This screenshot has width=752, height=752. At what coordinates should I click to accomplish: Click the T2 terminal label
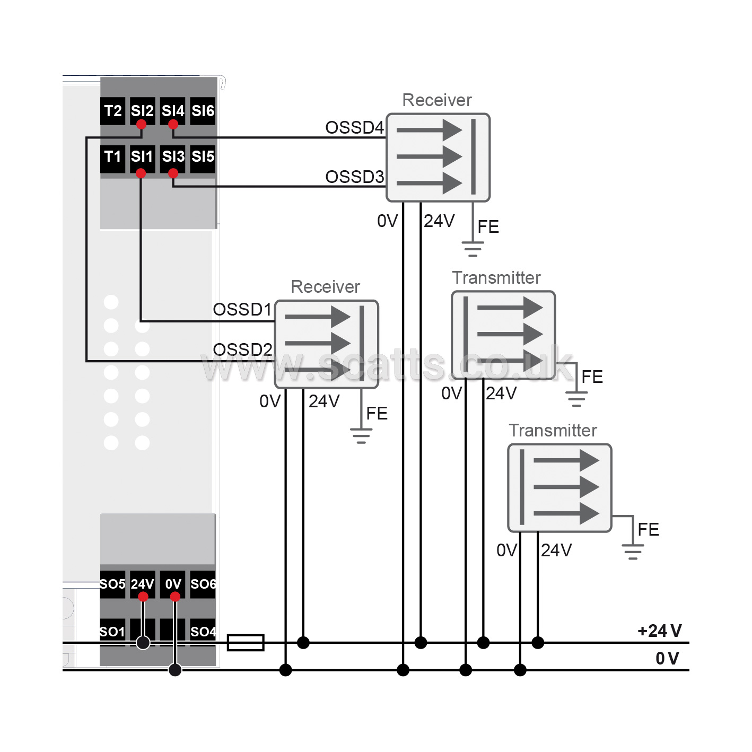tap(113, 111)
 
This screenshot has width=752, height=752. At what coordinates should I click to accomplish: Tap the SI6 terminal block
tap(203, 111)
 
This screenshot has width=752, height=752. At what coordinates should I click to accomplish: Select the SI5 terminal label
tap(203, 156)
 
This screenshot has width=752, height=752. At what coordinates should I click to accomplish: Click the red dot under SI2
tap(141, 125)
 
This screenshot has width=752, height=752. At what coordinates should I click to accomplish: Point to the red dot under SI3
tap(173, 173)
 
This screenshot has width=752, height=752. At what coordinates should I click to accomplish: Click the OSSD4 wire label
tap(354, 128)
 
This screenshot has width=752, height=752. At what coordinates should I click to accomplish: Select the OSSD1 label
tap(242, 310)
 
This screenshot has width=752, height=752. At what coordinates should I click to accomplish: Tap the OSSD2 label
tap(242, 349)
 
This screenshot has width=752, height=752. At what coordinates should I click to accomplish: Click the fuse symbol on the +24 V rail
tap(246, 643)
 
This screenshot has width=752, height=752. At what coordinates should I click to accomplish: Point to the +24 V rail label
tap(660, 631)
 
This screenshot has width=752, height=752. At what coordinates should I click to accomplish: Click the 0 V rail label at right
tap(667, 658)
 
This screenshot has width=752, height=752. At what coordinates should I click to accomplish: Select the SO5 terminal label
tap(112, 584)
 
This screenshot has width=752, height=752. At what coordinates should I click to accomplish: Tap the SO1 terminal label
tap(112, 632)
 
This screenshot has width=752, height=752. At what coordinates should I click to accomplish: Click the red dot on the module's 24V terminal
tap(143, 597)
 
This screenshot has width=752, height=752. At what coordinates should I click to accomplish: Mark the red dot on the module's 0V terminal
tap(175, 597)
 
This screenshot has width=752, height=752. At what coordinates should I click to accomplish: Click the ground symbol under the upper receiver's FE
tap(473, 249)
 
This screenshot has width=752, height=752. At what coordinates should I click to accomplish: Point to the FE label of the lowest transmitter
tap(648, 530)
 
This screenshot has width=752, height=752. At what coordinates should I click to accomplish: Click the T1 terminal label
tap(113, 156)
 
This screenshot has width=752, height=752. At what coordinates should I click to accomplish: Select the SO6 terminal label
tap(203, 584)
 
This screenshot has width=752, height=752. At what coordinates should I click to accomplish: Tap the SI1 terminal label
tap(142, 156)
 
